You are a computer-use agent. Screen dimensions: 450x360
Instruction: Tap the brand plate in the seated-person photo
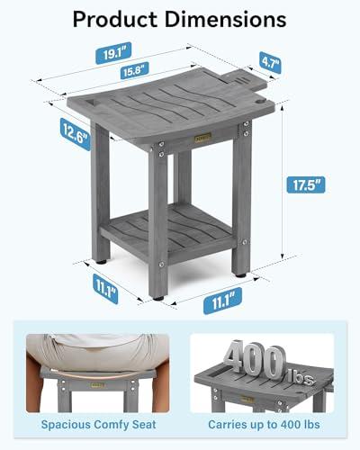pyautogui.click(x=97, y=384)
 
